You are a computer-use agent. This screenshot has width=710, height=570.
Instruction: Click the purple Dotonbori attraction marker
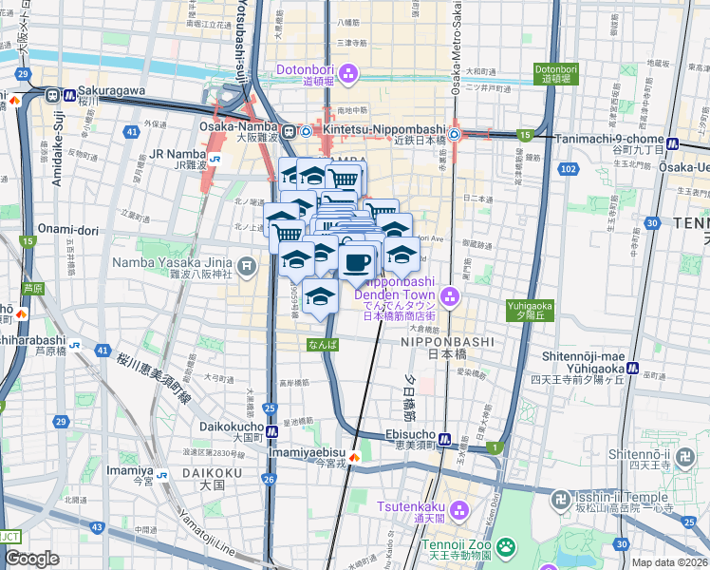pos(348,71)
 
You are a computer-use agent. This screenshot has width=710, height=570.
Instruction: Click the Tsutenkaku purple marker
pos(458,511)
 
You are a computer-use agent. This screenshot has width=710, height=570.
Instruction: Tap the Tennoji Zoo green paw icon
pos(506,546)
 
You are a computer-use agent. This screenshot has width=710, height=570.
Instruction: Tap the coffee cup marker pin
pos(357,263)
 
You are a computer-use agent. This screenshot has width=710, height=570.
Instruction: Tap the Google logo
pos(31,559)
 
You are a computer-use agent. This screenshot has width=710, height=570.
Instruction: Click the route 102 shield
pos(568,168)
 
